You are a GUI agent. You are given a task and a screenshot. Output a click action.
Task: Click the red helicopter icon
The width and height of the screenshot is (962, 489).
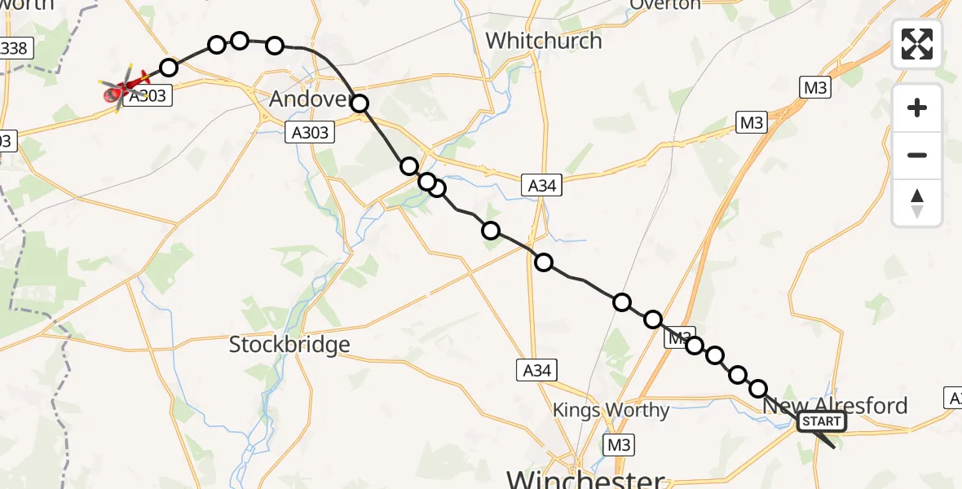[125, 86]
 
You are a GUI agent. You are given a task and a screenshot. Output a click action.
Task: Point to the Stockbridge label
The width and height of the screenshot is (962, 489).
[289, 345]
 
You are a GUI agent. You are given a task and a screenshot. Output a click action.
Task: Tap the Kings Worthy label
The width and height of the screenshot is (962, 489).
[611, 410]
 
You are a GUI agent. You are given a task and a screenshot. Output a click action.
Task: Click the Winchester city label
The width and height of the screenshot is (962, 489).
[585, 477]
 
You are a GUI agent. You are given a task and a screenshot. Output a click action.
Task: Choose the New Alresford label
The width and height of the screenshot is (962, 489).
[835, 405]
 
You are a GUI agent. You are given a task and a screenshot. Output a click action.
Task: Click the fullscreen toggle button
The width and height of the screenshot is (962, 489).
[917, 44]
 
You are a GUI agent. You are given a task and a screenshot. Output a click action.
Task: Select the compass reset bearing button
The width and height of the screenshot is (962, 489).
[917, 202]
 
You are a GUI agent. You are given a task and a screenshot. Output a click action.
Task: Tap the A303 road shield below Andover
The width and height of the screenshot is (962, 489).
[310, 132]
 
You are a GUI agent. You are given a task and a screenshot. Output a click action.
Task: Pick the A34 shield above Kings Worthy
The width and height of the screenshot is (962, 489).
[536, 371]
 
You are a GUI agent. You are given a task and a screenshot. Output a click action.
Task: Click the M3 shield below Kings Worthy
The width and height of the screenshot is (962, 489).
[619, 444]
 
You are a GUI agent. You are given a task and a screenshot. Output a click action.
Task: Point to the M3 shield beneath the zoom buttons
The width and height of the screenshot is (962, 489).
[751, 123]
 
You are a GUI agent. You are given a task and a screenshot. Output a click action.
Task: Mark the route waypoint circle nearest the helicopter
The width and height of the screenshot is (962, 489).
[169, 68]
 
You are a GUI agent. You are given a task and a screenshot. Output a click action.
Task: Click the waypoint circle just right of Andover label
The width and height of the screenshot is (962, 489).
[360, 103]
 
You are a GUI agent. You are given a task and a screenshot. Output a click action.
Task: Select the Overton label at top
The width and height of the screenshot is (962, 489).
[665, 4]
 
